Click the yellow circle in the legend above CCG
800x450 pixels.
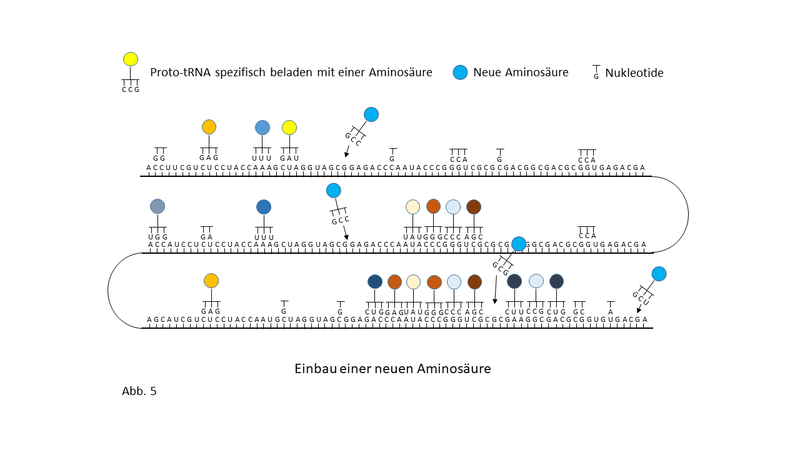click(130, 59)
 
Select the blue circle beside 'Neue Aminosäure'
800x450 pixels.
click(461, 72)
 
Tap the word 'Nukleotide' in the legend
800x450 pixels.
click(634, 73)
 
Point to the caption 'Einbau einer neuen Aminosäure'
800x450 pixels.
click(392, 369)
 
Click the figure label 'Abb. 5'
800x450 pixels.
click(139, 392)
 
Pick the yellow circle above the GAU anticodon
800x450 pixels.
click(289, 127)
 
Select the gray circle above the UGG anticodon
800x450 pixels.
click(157, 206)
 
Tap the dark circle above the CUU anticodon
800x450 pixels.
click(514, 281)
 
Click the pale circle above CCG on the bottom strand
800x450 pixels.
click(536, 281)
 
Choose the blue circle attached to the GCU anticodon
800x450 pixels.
click(659, 274)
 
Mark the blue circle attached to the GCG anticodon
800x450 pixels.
click(519, 244)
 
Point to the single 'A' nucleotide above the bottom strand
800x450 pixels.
click(611, 311)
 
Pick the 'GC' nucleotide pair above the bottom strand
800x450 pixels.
click(579, 311)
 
